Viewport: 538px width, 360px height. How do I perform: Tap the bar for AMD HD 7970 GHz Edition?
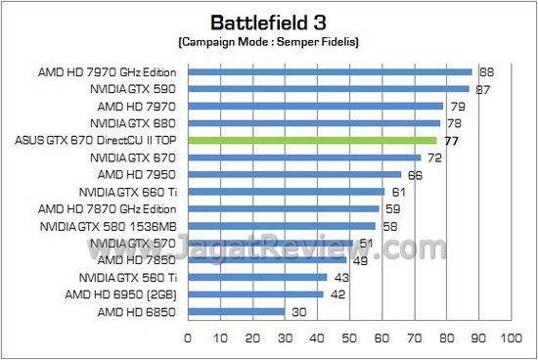pos(330,71)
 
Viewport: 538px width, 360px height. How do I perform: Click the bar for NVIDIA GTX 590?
pos(329,89)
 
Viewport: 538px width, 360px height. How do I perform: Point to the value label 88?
pos(485,71)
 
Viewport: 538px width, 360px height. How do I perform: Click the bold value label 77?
pos(451,141)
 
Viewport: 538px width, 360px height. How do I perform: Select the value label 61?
pos(398,192)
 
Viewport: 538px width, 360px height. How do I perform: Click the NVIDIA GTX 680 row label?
pos(133,123)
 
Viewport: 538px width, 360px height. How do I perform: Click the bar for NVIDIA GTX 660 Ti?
pos(286,192)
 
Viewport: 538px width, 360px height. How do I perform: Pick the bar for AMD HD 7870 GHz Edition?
pos(283,208)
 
